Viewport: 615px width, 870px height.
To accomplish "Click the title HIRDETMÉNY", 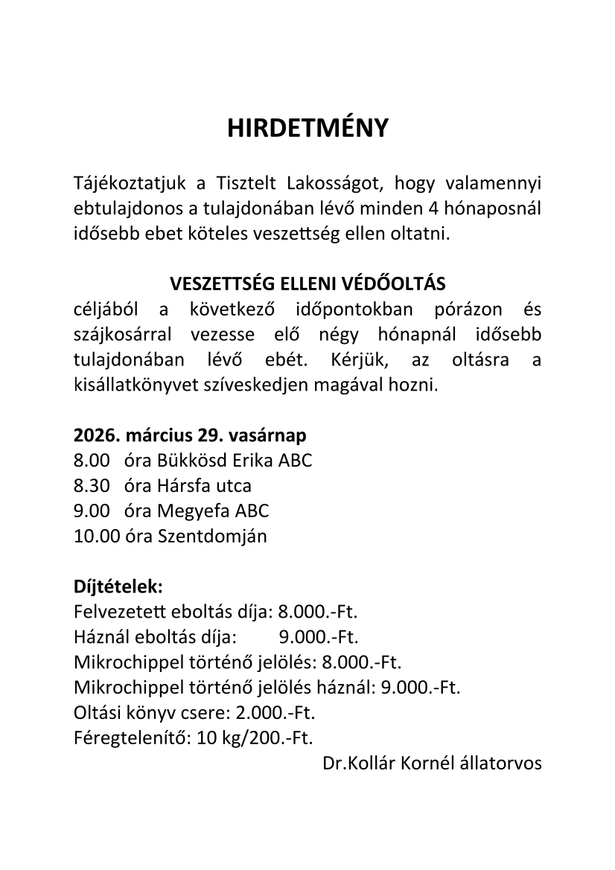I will [x=307, y=129].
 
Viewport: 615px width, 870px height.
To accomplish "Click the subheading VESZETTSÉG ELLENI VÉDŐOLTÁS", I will [x=307, y=284].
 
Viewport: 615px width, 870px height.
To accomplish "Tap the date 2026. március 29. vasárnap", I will [x=190, y=435].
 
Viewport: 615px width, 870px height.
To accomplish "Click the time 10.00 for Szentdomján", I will [x=96, y=536].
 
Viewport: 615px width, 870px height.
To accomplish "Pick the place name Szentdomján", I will [x=212, y=536].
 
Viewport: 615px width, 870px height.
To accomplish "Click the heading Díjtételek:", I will [x=118, y=586].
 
